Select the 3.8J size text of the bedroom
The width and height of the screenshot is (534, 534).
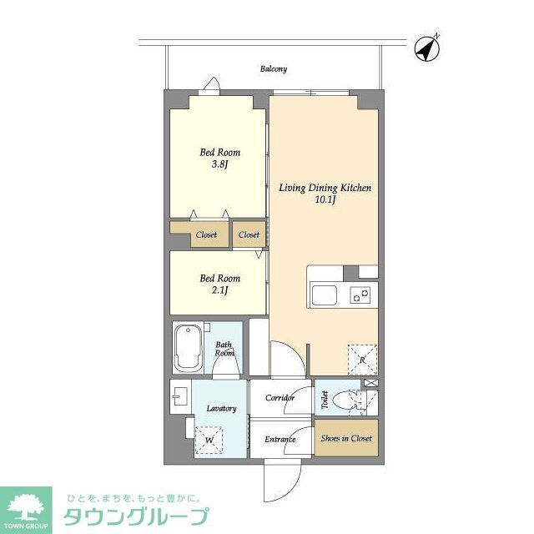pyautogui.click(x=219, y=164)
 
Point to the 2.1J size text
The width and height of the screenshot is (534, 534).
pyautogui.click(x=219, y=290)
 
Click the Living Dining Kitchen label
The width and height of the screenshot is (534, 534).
pyautogui.click(x=325, y=189)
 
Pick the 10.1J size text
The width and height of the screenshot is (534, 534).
pyautogui.click(x=325, y=201)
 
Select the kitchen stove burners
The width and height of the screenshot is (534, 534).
pyautogui.click(x=360, y=295)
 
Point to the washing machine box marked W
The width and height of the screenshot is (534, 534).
pyautogui.click(x=209, y=440)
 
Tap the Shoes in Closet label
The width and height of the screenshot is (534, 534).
pyautogui.click(x=346, y=438)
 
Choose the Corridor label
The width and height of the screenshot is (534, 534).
pyautogui.click(x=280, y=398)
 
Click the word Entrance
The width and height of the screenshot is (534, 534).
pyautogui.click(x=280, y=439)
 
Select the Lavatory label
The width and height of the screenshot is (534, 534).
pyautogui.click(x=222, y=408)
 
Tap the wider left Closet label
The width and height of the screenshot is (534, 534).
pyautogui.click(x=205, y=235)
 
